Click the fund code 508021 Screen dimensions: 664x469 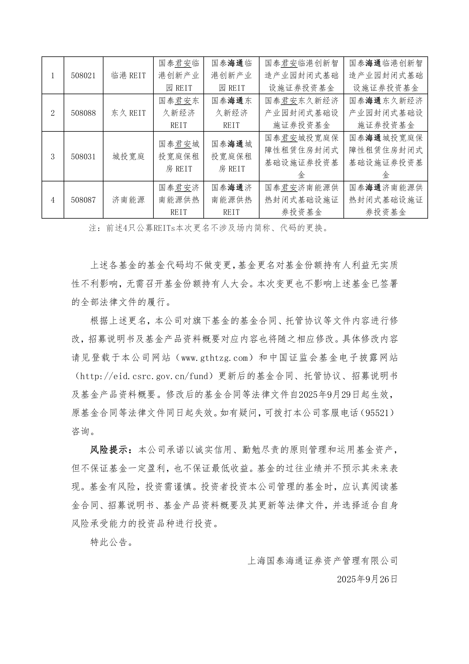pyautogui.click(x=83, y=76)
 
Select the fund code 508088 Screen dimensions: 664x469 pyautogui.click(x=83, y=113)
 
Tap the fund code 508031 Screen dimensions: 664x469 pyautogui.click(x=83, y=157)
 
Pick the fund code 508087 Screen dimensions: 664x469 pyautogui.click(x=83, y=200)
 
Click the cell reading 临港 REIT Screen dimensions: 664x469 pyautogui.click(x=128, y=76)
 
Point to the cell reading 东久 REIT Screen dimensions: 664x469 pyautogui.click(x=128, y=113)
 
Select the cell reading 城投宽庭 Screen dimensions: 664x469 pyautogui.click(x=128, y=157)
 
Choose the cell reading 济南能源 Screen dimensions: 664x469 pyautogui.click(x=128, y=200)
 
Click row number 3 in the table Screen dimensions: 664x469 pyautogui.click(x=53, y=157)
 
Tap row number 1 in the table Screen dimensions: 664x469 pyautogui.click(x=53, y=76)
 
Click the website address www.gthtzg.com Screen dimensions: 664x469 pyautogui.click(x=215, y=358)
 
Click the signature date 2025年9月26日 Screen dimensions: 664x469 pyautogui.click(x=367, y=579)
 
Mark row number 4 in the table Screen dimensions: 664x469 pyautogui.click(x=53, y=200)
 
